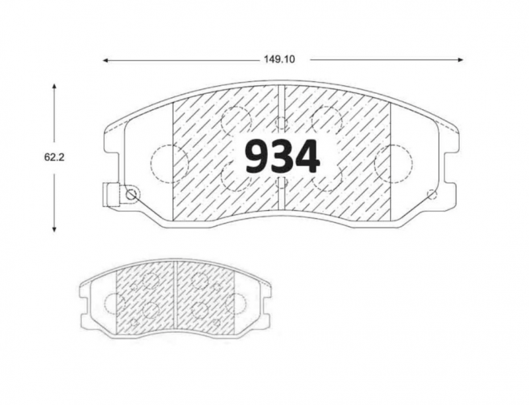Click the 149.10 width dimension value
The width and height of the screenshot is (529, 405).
click(279, 59)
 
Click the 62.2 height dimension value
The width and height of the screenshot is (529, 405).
click(54, 157)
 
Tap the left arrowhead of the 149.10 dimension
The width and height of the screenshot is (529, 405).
click(105, 60)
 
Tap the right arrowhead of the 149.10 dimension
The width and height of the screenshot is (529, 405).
click(460, 59)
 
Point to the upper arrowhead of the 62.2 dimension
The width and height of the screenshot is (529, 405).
click(54, 86)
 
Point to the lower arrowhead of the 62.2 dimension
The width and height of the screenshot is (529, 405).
click(54, 229)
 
